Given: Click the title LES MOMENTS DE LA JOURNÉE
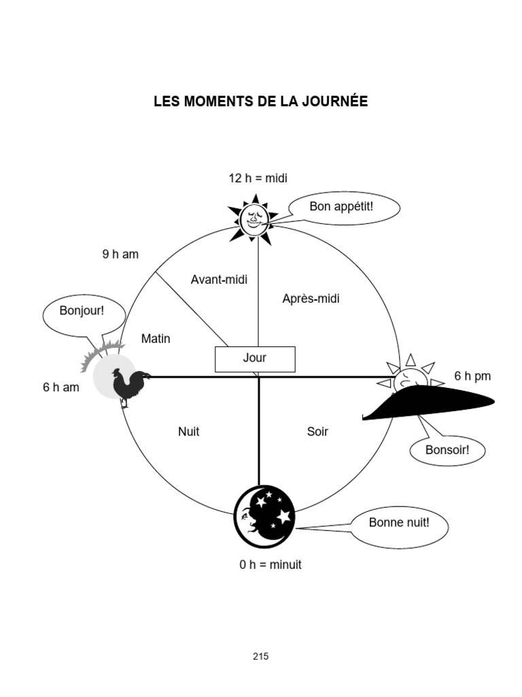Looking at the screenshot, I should coord(260,102).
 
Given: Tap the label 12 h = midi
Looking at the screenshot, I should coord(258,178).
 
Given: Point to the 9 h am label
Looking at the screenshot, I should coord(120,255).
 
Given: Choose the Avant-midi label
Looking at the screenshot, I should coord(219,280).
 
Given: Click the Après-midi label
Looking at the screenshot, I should coord(311,298).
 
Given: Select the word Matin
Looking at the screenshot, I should coord(156,338).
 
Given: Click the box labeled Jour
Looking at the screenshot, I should coord(255,359).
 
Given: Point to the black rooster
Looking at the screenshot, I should coord(128,387).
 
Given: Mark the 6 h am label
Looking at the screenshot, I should coord(61,387).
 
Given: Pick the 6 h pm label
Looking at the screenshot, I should coord(472,376).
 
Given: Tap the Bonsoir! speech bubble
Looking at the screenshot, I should coord(447,450).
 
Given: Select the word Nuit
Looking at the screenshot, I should coord(188,432).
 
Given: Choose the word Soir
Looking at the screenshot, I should coord(317,432).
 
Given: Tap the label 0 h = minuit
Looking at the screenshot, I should coord(270,565).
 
